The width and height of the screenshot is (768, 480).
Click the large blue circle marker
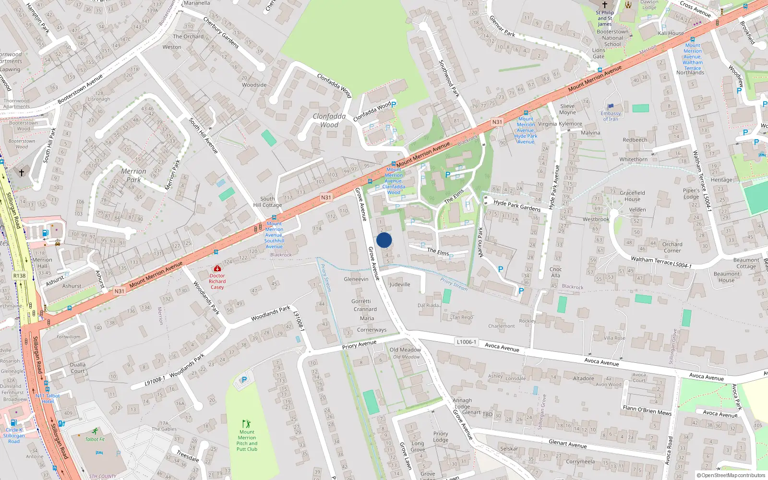(384, 240)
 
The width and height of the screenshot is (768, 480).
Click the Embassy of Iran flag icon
(611, 107)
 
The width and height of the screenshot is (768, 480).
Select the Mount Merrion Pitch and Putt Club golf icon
(246, 424)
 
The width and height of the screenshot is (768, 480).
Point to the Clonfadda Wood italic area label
(329, 120)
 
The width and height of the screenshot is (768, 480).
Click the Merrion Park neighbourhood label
(133, 175)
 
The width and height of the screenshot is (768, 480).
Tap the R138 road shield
(20, 276)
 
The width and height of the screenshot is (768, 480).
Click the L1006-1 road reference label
(466, 342)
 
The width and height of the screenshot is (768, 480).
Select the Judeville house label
(400, 284)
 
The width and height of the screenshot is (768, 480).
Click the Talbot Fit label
(95, 439)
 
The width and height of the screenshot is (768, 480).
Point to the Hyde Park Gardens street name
(517, 205)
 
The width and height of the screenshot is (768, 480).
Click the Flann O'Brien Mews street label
(647, 410)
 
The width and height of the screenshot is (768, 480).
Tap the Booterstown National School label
(612, 38)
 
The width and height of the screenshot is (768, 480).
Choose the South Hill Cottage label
(267, 202)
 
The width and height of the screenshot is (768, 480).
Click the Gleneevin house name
(356, 279)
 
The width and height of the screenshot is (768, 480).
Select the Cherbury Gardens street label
(221, 33)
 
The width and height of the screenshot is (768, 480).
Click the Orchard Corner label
(672, 247)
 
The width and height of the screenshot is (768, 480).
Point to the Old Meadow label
(405, 350)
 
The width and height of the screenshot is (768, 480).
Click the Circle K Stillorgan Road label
(14, 435)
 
